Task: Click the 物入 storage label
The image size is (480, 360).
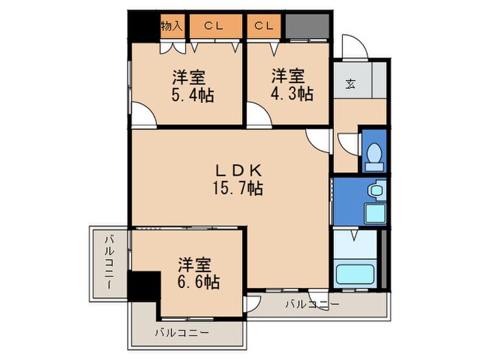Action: pyautogui.click(x=171, y=27)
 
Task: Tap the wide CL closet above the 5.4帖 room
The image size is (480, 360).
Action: pyautogui.click(x=215, y=27)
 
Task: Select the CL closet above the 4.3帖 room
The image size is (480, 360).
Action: pyautogui.click(x=265, y=27)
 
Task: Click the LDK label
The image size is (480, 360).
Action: pyautogui.click(x=238, y=169)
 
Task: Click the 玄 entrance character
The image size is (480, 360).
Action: pyautogui.click(x=350, y=84)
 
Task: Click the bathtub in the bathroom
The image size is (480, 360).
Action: pyautogui.click(x=355, y=274)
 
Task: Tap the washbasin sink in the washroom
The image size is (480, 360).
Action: pyautogui.click(x=374, y=190)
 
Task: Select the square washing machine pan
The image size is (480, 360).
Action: pyautogui.click(x=374, y=213)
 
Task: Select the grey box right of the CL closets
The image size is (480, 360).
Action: pyautogui.click(x=307, y=27)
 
